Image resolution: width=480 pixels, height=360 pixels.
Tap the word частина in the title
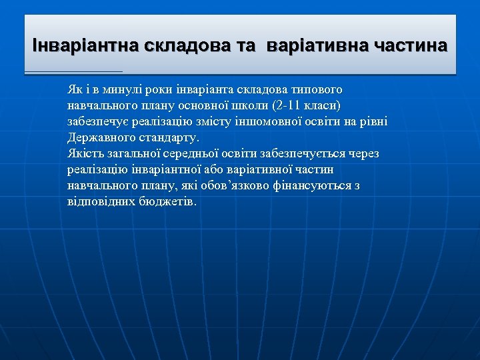point(411,46)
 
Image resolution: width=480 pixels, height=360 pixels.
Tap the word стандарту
point(165,137)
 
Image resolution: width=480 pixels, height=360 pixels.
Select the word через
point(363,153)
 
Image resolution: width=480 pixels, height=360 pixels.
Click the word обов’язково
point(237,185)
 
